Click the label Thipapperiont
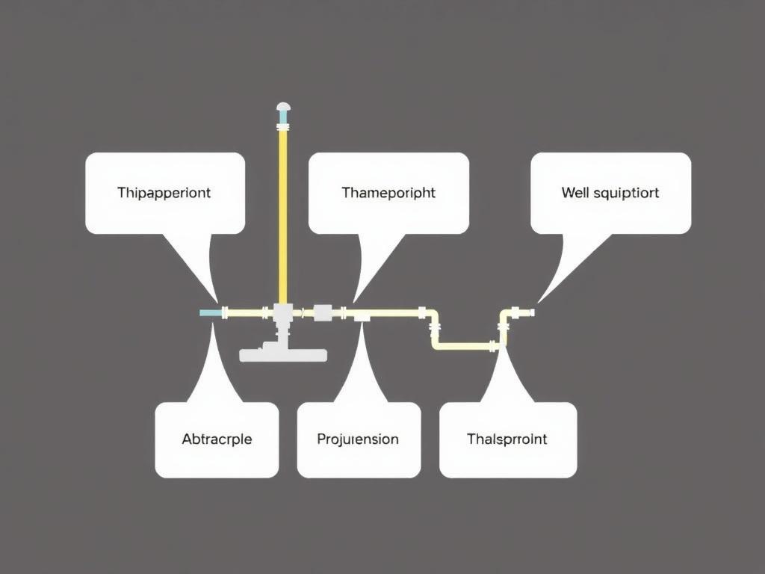(164, 193)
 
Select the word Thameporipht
(388, 193)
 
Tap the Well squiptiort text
(610, 193)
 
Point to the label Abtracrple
(217, 439)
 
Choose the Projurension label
(358, 439)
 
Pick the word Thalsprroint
(507, 439)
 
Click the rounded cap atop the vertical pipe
(283, 108)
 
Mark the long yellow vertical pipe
(283, 217)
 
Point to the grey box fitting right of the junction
(323, 312)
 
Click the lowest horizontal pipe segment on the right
(463, 346)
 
